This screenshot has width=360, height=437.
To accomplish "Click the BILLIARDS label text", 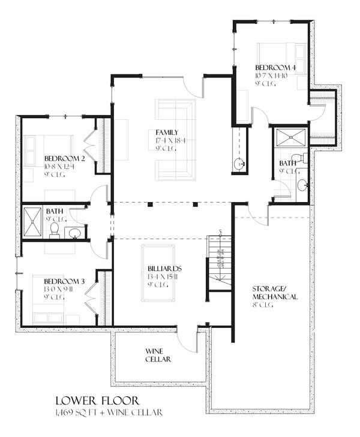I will pyautogui.click(x=165, y=269).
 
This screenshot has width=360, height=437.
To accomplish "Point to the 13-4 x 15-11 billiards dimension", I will pyautogui.click(x=165, y=277).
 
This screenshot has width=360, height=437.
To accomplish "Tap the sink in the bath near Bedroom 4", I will pyautogui.click(x=302, y=184).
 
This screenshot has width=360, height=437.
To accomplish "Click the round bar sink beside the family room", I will pyautogui.click(x=239, y=164).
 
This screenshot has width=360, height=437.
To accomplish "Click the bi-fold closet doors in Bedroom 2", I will pyautogui.click(x=91, y=143).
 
